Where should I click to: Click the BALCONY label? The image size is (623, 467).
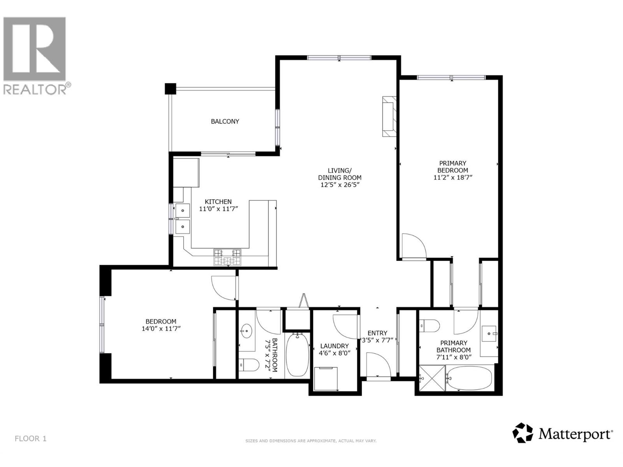[225, 121]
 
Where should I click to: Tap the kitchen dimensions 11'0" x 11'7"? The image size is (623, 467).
[218, 209]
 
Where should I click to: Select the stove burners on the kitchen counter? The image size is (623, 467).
[227, 257]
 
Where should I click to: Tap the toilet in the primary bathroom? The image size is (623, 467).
[429, 325]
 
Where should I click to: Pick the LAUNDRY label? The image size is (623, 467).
[334, 346]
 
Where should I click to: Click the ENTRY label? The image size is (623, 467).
[377, 333]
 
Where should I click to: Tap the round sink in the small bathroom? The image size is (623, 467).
[246, 332]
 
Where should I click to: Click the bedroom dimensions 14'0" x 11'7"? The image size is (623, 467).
[161, 328]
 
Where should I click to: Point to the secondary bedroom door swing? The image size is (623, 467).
[224, 288]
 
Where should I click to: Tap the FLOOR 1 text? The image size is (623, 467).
[30, 439]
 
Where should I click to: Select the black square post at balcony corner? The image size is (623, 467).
[171, 89]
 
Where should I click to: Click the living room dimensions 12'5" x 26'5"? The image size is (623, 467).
[339, 184]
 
